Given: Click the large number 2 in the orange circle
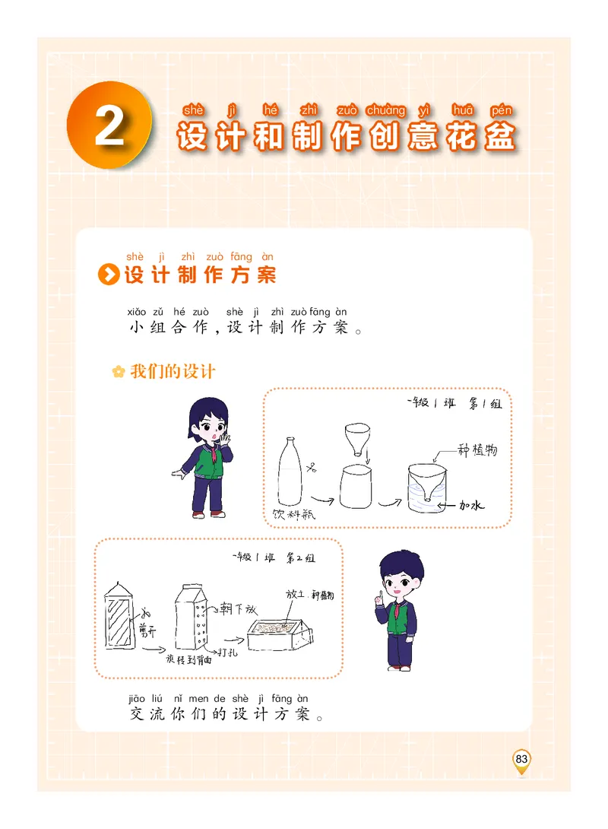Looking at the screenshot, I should (x=109, y=126).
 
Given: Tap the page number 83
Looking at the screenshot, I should (x=521, y=759).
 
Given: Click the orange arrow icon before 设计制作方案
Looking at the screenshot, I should (x=110, y=275).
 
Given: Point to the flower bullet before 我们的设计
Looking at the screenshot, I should (x=118, y=372).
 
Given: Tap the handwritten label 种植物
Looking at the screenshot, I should (x=478, y=449).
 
